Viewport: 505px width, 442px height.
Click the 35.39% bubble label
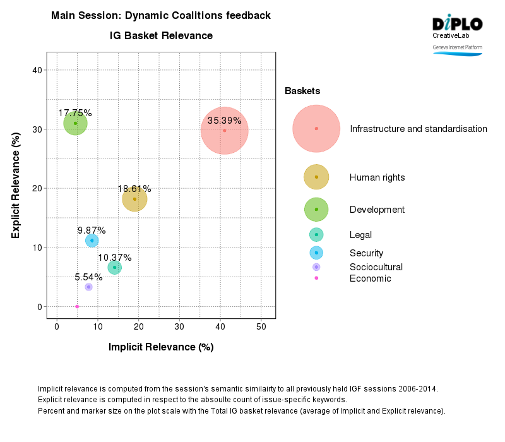[224, 121]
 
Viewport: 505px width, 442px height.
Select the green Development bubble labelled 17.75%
[75, 123]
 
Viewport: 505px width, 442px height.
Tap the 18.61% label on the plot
[134, 189]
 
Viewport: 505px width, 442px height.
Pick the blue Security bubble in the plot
[92, 241]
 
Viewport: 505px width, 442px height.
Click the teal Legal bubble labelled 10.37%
[114, 268]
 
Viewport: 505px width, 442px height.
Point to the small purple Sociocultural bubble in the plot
[88, 287]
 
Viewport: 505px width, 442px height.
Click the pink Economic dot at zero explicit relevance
[77, 306]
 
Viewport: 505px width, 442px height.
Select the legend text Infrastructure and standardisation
[418, 129]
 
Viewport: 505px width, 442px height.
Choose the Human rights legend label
[377, 177]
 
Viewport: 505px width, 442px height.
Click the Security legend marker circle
[316, 253]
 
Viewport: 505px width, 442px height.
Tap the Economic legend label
[370, 278]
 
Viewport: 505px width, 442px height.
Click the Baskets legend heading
[302, 92]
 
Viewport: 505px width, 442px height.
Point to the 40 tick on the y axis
[37, 70]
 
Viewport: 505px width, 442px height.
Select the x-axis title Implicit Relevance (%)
[161, 347]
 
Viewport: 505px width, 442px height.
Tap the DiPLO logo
[457, 24]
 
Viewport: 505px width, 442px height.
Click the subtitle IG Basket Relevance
[161, 36]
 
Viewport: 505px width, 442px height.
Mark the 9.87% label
[92, 230]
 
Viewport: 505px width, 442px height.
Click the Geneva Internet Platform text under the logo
[457, 48]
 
